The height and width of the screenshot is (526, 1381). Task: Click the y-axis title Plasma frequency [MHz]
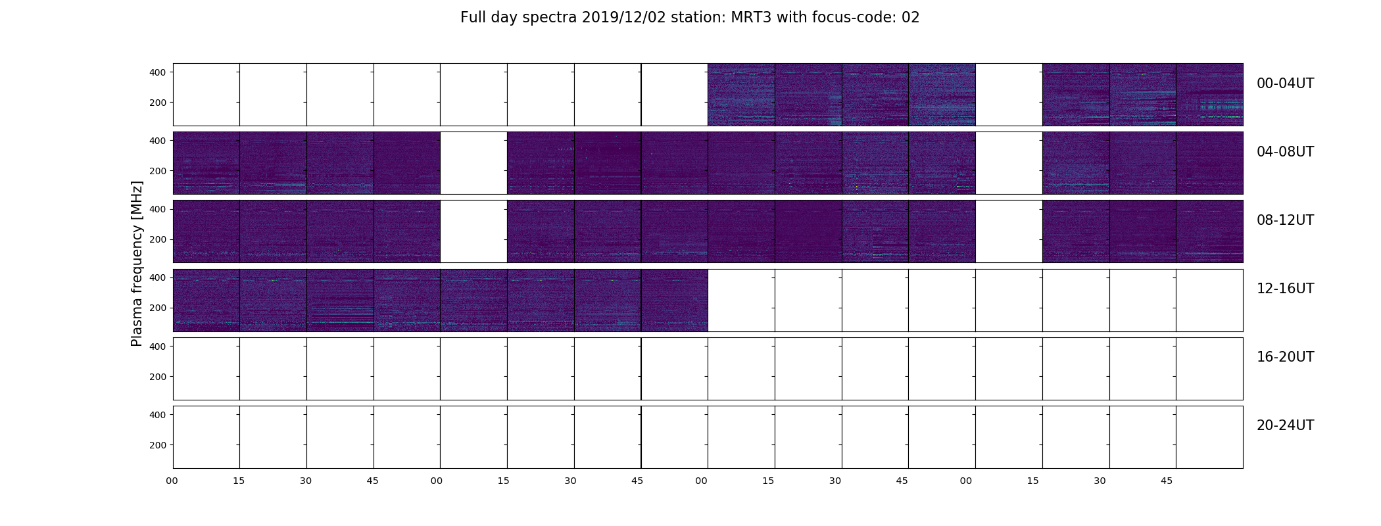pyautogui.click(x=137, y=264)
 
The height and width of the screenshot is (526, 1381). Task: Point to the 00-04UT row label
pyautogui.click(x=1285, y=84)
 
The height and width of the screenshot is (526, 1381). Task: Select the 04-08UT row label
pyautogui.click(x=1285, y=152)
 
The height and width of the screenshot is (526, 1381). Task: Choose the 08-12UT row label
pyautogui.click(x=1285, y=220)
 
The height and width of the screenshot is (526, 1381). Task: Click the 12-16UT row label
pyautogui.click(x=1285, y=289)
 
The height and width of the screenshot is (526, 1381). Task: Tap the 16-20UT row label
pyautogui.click(x=1285, y=357)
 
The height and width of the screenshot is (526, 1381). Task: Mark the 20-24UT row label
pyautogui.click(x=1285, y=425)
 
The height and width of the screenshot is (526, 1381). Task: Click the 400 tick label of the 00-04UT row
pyautogui.click(x=158, y=72)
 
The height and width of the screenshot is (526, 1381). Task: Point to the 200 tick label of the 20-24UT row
pyautogui.click(x=158, y=445)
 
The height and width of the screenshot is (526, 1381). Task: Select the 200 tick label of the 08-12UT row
pyautogui.click(x=158, y=239)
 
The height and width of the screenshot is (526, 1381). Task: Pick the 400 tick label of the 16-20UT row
pyautogui.click(x=158, y=347)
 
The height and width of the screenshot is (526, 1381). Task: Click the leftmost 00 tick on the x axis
pyautogui.click(x=172, y=481)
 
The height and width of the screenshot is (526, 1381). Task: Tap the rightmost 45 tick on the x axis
pyautogui.click(x=1166, y=481)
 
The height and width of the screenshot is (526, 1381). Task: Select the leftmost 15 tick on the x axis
pyautogui.click(x=239, y=481)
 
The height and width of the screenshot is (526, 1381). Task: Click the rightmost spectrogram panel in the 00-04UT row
pyautogui.click(x=1209, y=95)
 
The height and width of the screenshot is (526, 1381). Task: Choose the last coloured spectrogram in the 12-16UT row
pyautogui.click(x=674, y=300)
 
